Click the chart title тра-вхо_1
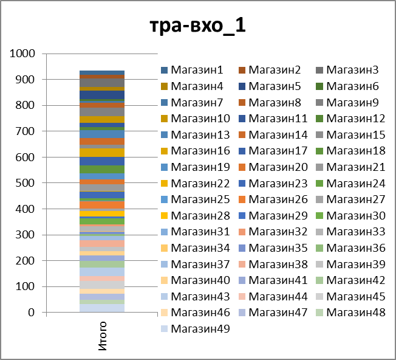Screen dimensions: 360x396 click(x=198, y=27)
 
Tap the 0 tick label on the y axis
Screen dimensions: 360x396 click(x=33, y=313)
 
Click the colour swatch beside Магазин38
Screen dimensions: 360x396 click(x=242, y=264)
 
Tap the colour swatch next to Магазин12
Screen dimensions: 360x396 click(x=321, y=119)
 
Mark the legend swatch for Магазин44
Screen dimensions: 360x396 click(x=242, y=296)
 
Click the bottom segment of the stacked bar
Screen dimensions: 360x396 click(x=103, y=308)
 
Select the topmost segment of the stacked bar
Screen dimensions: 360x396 click(x=103, y=72)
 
